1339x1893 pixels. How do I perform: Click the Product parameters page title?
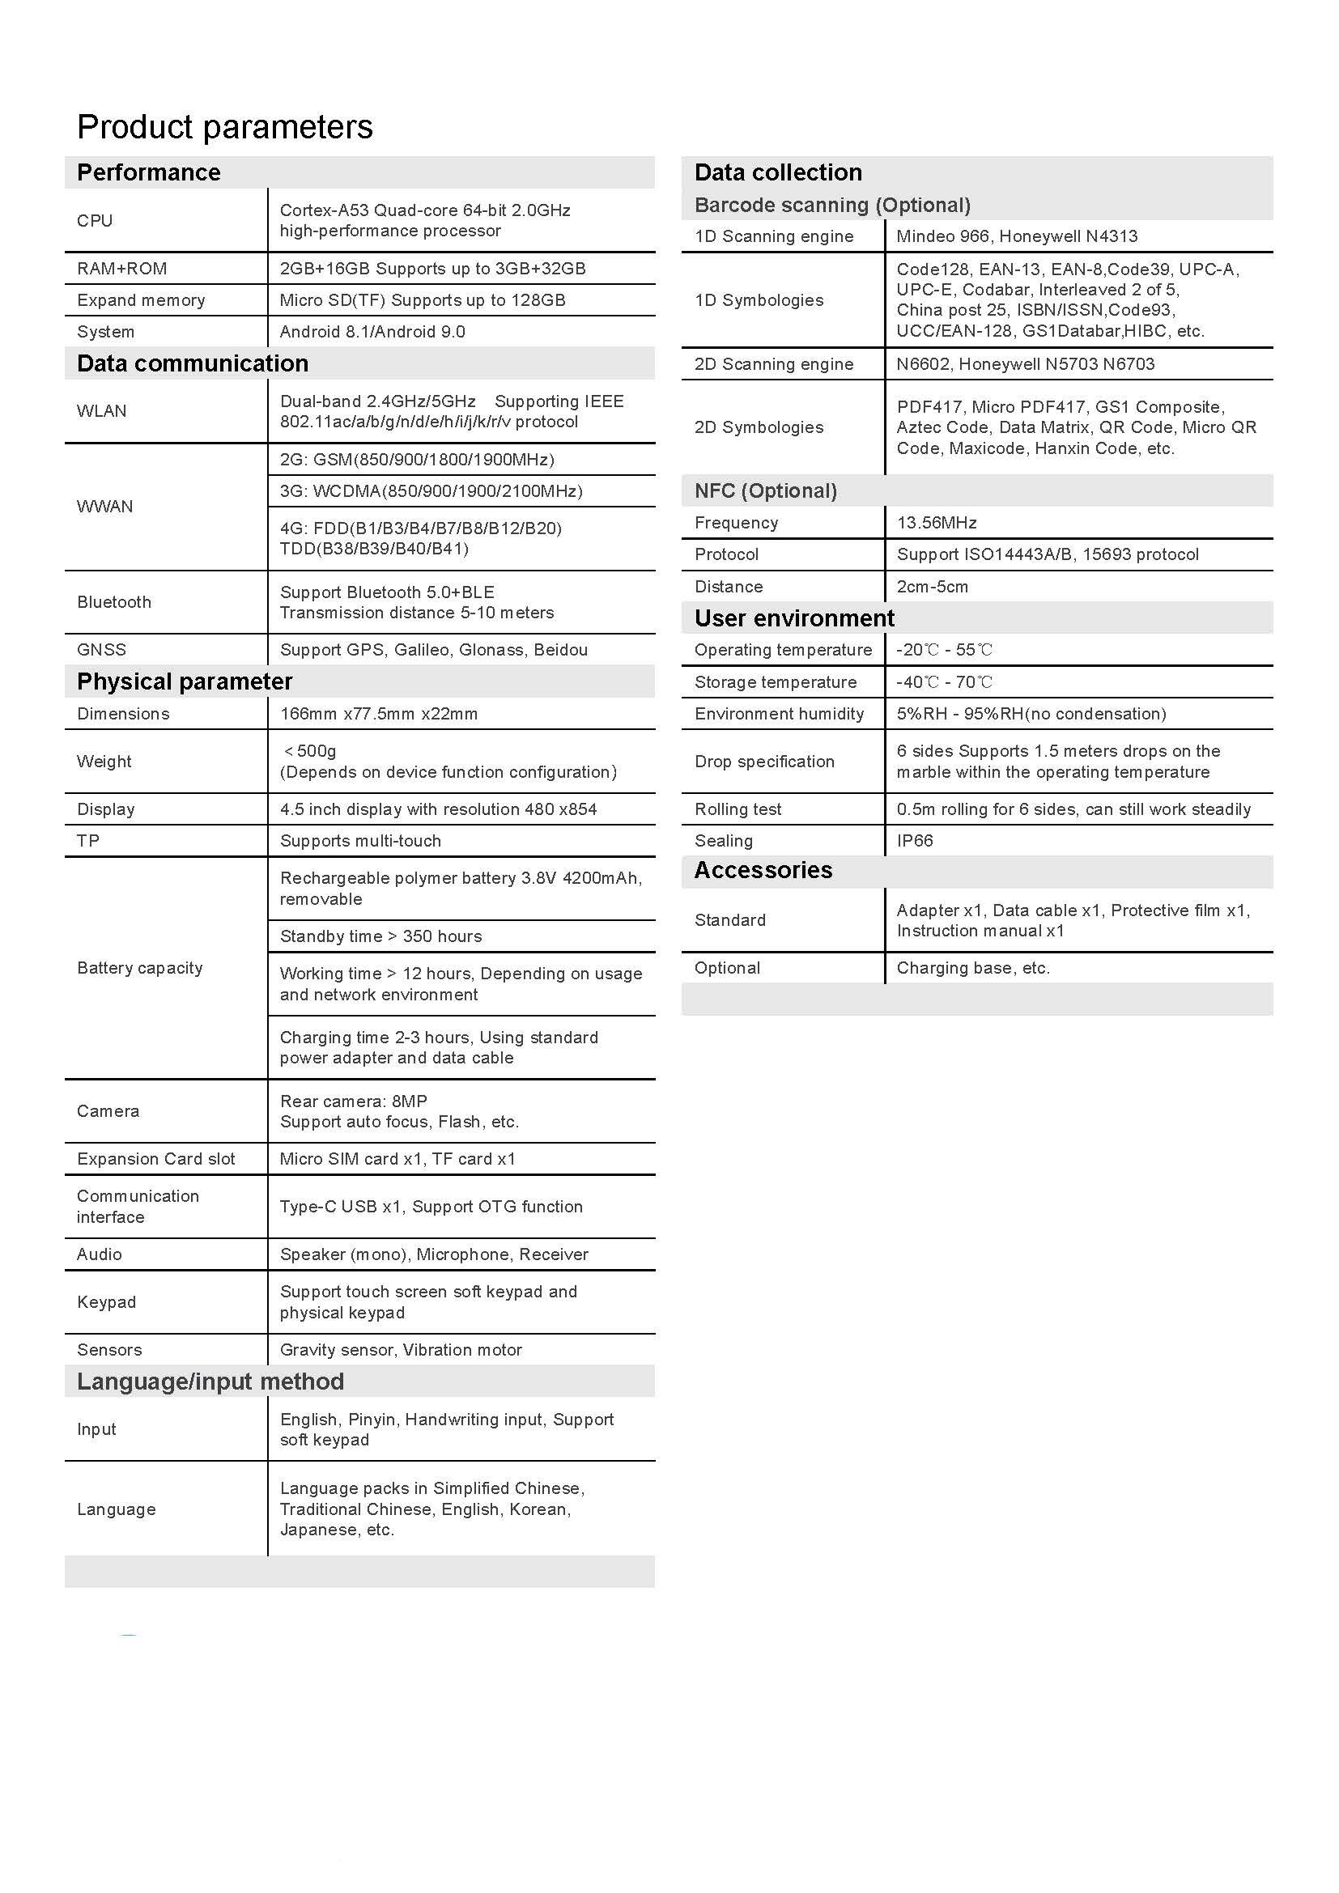click(224, 127)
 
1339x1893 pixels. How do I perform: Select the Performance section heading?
click(148, 172)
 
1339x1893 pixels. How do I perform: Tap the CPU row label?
click(95, 220)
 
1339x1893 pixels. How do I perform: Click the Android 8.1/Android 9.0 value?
click(372, 332)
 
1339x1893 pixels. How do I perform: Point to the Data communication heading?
click(192, 363)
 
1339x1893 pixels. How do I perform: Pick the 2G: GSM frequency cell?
click(416, 459)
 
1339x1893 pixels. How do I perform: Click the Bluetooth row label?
click(114, 602)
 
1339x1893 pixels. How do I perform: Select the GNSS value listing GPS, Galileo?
click(434, 650)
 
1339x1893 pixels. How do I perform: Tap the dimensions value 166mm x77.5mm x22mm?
click(378, 714)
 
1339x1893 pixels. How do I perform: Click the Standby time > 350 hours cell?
click(381, 936)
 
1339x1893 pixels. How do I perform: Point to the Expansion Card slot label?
click(155, 1159)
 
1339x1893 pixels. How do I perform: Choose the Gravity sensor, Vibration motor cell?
click(401, 1350)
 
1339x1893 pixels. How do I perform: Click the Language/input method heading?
click(210, 1382)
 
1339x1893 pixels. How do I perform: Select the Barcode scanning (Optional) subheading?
click(832, 206)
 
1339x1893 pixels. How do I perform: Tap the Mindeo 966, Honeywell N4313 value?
click(1017, 236)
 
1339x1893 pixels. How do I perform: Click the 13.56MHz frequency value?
click(937, 523)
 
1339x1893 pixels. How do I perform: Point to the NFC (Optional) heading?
click(765, 491)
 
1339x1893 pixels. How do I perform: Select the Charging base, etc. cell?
click(973, 968)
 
